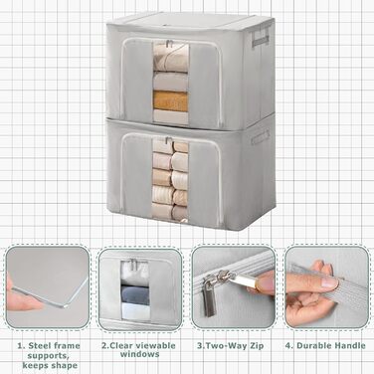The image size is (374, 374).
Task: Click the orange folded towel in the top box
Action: tap(170, 100)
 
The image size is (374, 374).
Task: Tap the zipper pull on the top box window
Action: tap(169, 44)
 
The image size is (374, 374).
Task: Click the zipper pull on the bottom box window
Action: tap(169, 140)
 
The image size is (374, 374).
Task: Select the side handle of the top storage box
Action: tap(260, 37)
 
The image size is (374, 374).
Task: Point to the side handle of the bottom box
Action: tap(261, 137)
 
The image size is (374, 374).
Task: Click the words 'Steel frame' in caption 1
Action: tap(54, 346)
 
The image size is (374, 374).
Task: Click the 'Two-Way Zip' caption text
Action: tap(235, 346)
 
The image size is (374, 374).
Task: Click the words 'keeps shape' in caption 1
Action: tap(50, 366)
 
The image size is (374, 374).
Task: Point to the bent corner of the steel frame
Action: tap(65, 305)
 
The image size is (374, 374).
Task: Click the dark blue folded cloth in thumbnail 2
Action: tap(134, 294)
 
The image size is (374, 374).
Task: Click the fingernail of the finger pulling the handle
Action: tap(330, 281)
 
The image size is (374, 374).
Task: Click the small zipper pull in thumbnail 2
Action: tap(134, 265)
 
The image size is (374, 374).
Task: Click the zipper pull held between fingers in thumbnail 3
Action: tap(246, 280)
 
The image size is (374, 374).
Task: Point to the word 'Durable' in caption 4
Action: tap(310, 345)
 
